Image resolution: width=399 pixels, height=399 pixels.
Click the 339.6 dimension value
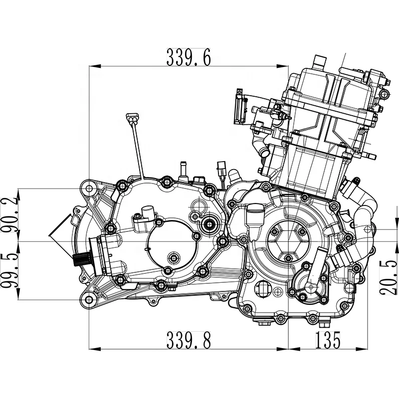click(189, 57)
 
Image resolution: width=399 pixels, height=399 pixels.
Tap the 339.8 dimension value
click(189, 340)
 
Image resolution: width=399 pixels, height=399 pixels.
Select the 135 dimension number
click(328, 340)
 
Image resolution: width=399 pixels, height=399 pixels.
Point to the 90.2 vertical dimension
click(9, 215)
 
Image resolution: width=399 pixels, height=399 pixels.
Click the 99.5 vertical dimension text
click(9, 270)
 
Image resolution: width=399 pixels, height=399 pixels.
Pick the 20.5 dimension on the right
click(389, 278)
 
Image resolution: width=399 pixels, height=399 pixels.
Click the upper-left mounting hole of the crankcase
click(89, 189)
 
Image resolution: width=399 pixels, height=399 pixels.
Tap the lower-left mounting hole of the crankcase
click(89, 300)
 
